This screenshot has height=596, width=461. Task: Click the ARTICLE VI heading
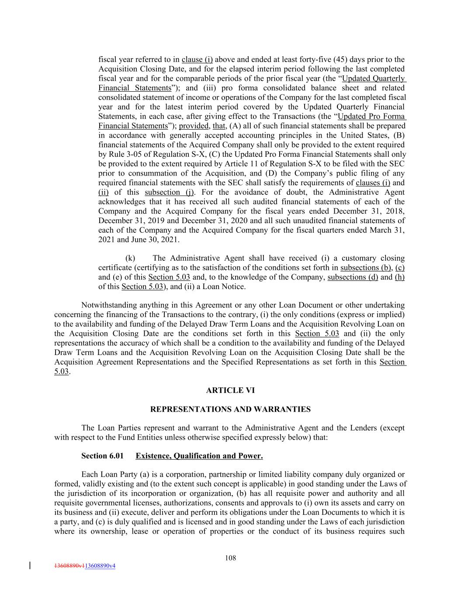pyautogui.click(x=230, y=390)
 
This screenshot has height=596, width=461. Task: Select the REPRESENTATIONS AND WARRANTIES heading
pyautogui.click(x=230, y=409)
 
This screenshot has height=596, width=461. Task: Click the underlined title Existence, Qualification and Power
pyautogui.click(x=199, y=456)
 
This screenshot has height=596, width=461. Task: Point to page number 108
pyautogui.click(x=230, y=558)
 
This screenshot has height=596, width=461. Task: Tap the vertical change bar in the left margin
pyautogui.click(x=30, y=566)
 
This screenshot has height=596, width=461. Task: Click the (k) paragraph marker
pyautogui.click(x=130, y=258)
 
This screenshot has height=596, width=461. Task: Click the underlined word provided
pyautogui.click(x=194, y=126)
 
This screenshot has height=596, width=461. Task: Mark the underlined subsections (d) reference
pyautogui.click(x=353, y=277)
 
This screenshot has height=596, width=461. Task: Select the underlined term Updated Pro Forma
pyautogui.click(x=372, y=116)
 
